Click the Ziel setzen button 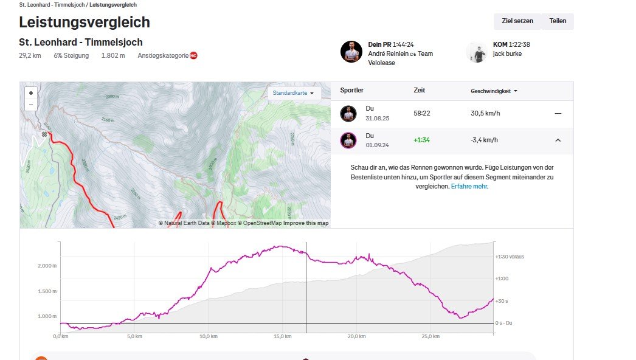517,21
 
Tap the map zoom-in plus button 31,93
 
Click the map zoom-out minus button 31,105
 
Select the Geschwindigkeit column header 494,91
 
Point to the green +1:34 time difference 421,140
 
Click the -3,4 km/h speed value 484,140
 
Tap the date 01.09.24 376,145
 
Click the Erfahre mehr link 469,187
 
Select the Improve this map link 306,223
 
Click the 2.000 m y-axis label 47,266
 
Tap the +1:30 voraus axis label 510,257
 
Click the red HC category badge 193,56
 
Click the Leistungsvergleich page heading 85,22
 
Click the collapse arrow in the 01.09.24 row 558,140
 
